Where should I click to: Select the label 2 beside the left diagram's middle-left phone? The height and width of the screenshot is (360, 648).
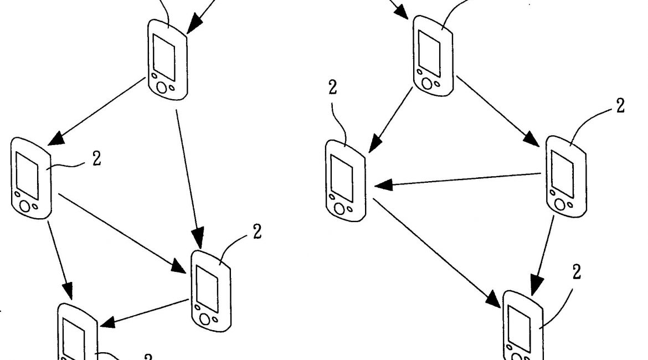[97, 159]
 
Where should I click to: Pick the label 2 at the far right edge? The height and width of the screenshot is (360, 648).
[621, 106]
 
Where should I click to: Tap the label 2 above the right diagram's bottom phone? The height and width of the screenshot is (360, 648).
[576, 272]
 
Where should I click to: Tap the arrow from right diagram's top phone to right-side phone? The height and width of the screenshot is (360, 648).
[498, 111]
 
